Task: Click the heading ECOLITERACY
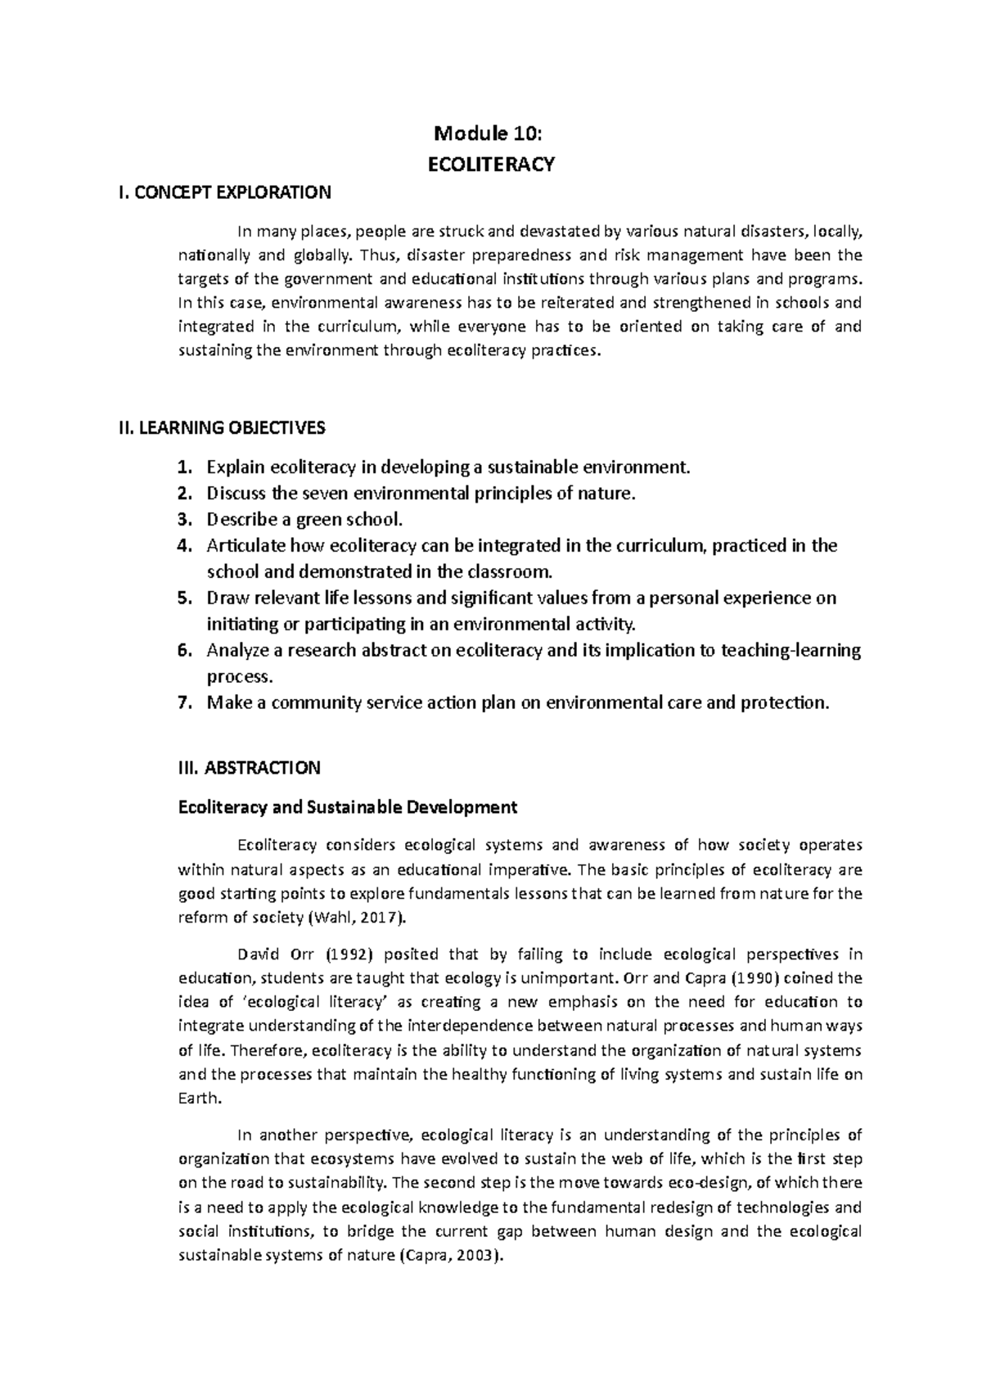(x=491, y=165)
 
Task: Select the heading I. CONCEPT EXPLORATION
(x=225, y=193)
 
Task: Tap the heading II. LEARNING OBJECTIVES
(x=222, y=427)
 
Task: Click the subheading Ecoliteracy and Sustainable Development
(x=348, y=807)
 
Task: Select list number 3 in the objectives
(x=185, y=520)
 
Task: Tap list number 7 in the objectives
(x=185, y=703)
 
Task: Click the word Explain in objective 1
(x=236, y=468)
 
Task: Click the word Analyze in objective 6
(x=236, y=651)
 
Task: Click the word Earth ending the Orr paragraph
(x=198, y=1099)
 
